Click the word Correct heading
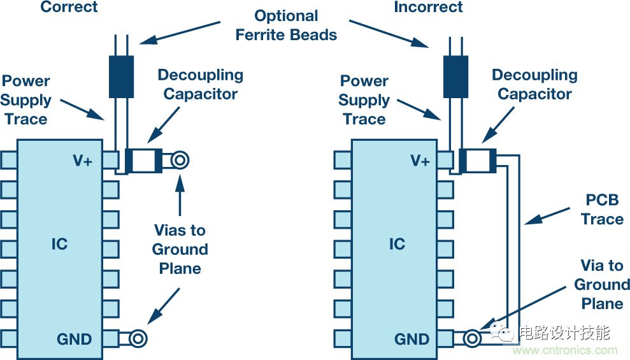click(69, 8)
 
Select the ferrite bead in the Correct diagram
click(121, 76)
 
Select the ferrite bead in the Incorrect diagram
click(455, 76)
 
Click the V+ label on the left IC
click(82, 161)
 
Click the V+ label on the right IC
click(420, 161)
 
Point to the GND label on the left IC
click(75, 338)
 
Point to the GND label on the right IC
click(412, 338)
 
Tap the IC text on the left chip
click(59, 244)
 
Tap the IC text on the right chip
click(397, 244)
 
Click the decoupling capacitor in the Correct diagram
click(144, 161)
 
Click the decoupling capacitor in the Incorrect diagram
click(478, 161)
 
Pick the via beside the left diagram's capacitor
click(180, 161)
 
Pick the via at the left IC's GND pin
click(138, 338)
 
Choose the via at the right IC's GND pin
click(473, 338)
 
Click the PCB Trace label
click(601, 210)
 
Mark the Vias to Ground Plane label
click(180, 249)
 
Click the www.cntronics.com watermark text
click(565, 350)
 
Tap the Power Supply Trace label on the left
click(26, 100)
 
